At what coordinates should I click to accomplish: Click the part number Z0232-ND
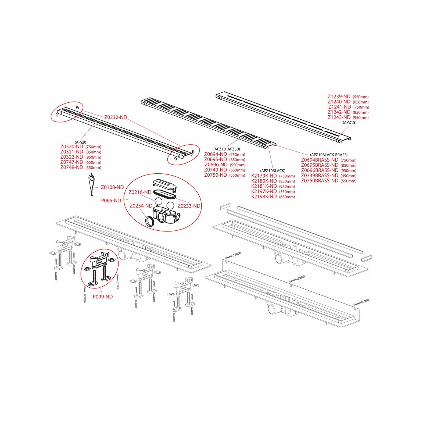[116, 117]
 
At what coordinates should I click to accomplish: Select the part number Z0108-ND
[112, 187]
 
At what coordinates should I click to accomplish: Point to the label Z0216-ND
[140, 192]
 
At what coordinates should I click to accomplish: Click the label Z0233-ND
[189, 206]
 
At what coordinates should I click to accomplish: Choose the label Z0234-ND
[141, 206]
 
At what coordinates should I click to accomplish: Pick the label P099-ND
[103, 297]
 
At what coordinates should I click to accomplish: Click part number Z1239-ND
[339, 97]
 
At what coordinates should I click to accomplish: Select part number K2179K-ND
[264, 176]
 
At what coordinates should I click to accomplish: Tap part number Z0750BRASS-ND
[320, 181]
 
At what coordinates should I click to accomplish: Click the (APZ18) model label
[349, 122]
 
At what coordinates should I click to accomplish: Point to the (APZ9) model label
[80, 142]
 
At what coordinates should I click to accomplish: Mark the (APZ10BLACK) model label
[273, 171]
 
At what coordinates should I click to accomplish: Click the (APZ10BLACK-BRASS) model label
[329, 155]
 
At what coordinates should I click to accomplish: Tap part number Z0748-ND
[71, 167]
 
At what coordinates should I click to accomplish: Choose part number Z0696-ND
[216, 165]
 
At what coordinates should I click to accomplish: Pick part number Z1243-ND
[339, 117]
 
